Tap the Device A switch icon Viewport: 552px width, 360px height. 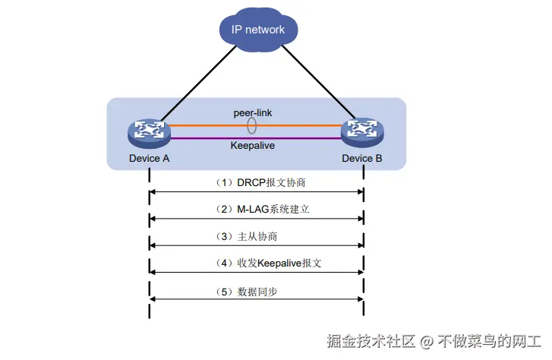tap(150, 132)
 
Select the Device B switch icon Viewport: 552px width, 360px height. tap(362, 132)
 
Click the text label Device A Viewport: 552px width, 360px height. tap(150, 159)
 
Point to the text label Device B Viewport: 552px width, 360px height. tap(362, 159)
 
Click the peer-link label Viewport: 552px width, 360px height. tap(253, 112)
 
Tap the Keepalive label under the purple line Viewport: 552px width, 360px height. tap(253, 144)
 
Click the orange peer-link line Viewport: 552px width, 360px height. tap(205, 126)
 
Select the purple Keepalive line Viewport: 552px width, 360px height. tap(205, 138)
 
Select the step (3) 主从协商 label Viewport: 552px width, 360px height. tap(256, 237)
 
